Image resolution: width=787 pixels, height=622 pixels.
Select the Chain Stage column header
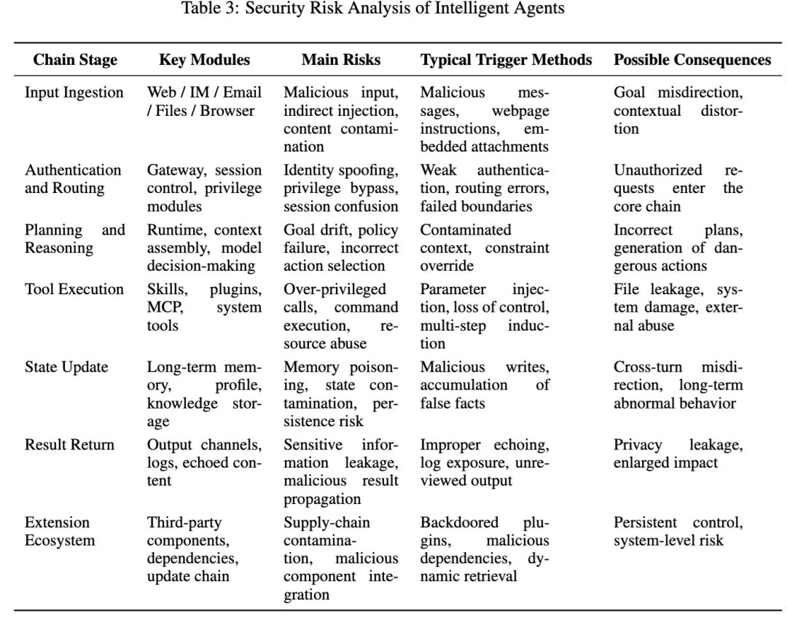click(75, 60)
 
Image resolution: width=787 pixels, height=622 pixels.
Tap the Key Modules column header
click(204, 60)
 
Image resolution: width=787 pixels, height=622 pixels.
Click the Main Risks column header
click(340, 60)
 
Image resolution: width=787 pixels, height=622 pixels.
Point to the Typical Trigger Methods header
click(506, 60)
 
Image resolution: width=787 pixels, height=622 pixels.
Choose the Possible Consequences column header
click(692, 60)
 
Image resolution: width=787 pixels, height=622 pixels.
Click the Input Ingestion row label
click(74, 92)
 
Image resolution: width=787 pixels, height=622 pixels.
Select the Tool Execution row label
click(74, 288)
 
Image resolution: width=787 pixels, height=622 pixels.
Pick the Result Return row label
click(69, 444)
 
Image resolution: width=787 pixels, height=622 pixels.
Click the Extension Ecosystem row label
click(58, 531)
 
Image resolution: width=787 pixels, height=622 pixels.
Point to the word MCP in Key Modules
click(163, 307)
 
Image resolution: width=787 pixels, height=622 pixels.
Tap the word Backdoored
click(459, 522)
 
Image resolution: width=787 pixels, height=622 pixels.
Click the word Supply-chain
click(326, 522)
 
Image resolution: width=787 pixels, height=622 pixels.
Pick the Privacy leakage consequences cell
click(678, 453)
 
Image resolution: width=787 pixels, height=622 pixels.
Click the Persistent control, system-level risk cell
click(678, 531)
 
